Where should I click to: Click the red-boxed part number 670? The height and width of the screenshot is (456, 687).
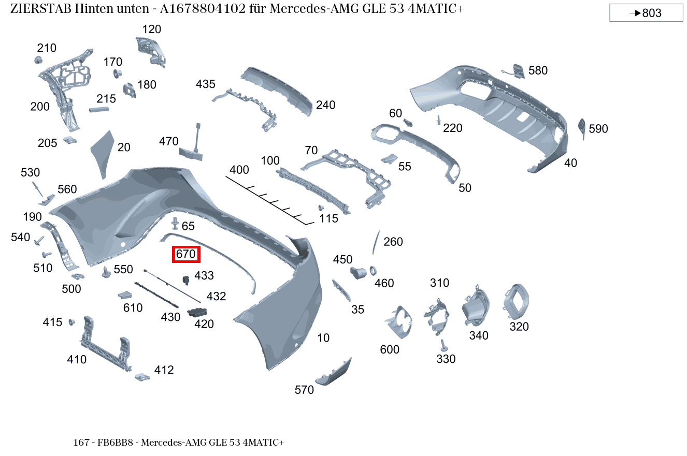coord(186,254)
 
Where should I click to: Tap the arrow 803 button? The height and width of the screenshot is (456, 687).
coord(646,13)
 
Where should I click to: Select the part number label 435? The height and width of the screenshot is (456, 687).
coord(206,84)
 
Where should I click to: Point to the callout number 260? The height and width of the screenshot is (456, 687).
coord(393,242)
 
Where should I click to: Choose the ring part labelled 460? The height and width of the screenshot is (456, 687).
coord(373,271)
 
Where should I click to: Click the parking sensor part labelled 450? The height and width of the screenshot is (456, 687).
coord(358,272)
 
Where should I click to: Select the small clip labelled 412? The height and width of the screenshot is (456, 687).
coord(141,376)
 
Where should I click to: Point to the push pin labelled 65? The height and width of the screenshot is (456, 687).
coord(175,224)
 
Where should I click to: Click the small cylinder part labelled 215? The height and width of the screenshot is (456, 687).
coord(99,110)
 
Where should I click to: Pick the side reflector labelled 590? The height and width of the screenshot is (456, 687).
coord(581,127)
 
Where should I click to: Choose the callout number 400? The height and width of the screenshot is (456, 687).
coord(239,170)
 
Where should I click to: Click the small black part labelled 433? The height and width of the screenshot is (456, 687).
coord(186,280)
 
